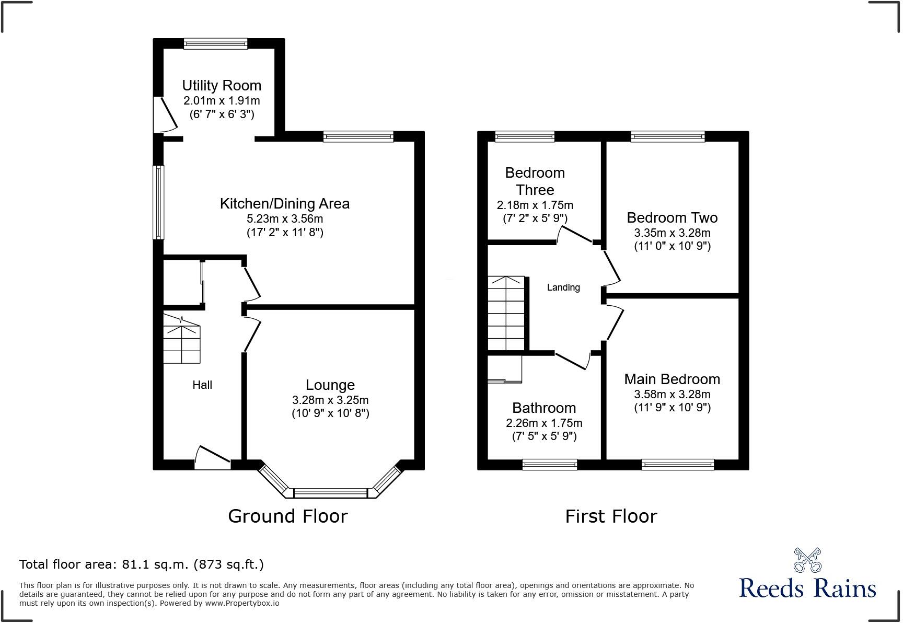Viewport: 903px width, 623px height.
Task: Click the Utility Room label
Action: [x=222, y=85]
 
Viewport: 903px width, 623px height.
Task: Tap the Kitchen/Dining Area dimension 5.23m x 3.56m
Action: [x=285, y=218]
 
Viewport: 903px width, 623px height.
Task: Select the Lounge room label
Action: [x=330, y=385]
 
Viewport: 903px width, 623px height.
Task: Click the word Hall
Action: [x=202, y=385]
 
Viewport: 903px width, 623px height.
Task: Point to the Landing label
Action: [x=563, y=287]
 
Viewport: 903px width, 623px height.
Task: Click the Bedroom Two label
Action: [x=672, y=217]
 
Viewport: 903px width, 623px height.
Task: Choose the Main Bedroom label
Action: [x=672, y=379]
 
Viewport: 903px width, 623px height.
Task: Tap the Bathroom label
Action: [x=544, y=408]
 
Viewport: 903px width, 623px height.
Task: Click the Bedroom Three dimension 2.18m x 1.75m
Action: [x=535, y=205]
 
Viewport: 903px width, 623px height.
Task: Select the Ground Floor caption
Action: [x=288, y=516]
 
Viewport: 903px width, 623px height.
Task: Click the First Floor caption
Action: [x=611, y=516]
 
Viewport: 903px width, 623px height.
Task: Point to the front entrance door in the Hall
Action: [x=212, y=457]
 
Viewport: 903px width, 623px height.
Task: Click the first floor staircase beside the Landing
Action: [x=506, y=313]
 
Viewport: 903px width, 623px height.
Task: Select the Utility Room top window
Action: [x=215, y=44]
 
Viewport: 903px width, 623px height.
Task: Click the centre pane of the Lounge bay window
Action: [x=331, y=493]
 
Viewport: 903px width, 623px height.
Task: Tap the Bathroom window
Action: [x=550, y=464]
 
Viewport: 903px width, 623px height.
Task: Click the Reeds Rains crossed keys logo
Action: [x=807, y=560]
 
